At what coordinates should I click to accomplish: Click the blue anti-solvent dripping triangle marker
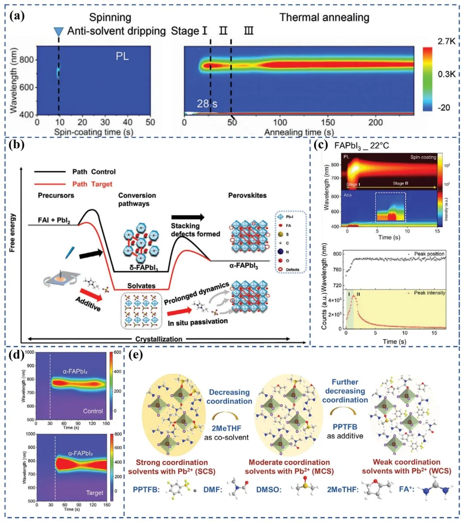tap(58, 32)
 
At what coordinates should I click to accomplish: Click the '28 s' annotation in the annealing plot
tap(208, 103)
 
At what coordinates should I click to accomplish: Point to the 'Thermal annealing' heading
tap(324, 17)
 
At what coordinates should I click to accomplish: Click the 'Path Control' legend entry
tap(94, 172)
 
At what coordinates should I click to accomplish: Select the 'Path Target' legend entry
tap(92, 184)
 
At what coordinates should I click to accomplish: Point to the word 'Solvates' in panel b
tap(141, 286)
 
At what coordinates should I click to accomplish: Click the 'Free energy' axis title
tap(12, 233)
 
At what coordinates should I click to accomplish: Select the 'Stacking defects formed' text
tap(195, 230)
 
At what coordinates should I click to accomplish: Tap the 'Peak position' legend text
tap(429, 254)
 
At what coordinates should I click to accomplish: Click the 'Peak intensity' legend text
tap(429, 293)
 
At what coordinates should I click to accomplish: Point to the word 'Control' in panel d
tap(93, 411)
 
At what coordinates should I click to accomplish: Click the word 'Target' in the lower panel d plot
tap(95, 493)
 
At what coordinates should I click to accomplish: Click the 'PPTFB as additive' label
tap(345, 431)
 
